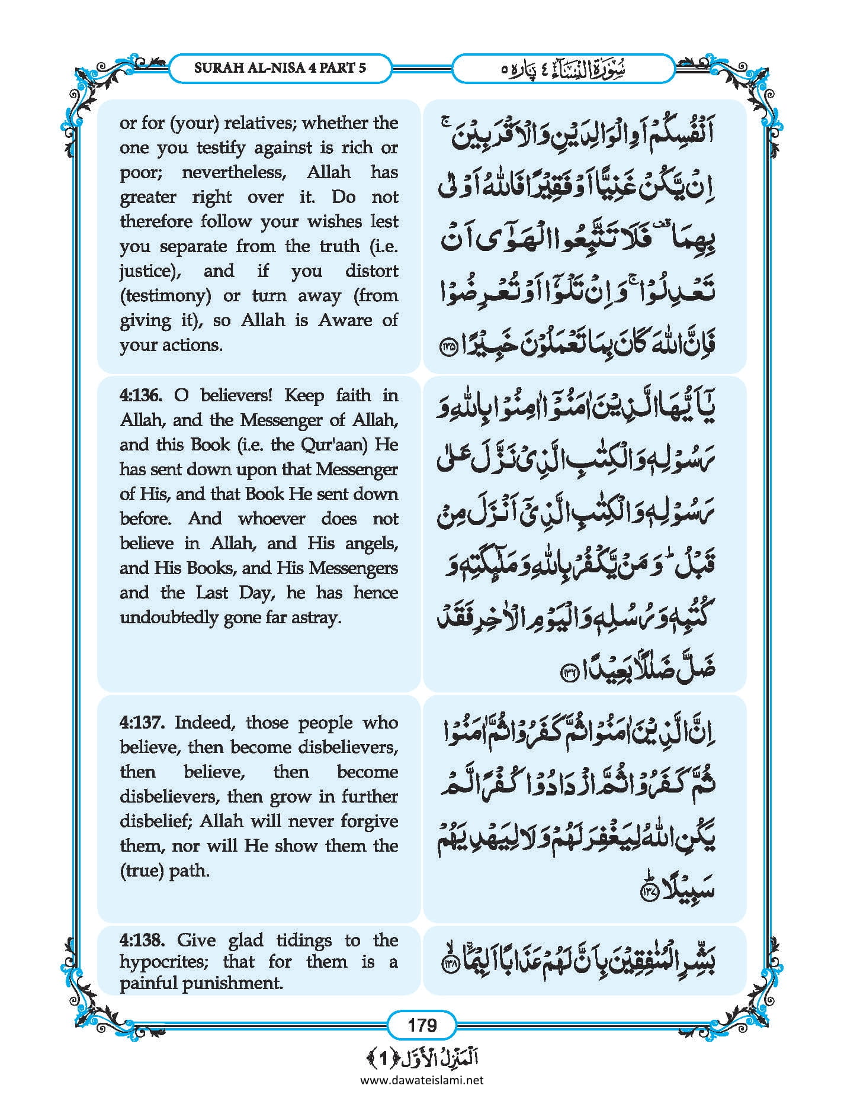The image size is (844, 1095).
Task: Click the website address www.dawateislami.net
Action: [x=422, y=1080]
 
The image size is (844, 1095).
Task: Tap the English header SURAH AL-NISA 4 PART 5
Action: [x=280, y=67]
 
